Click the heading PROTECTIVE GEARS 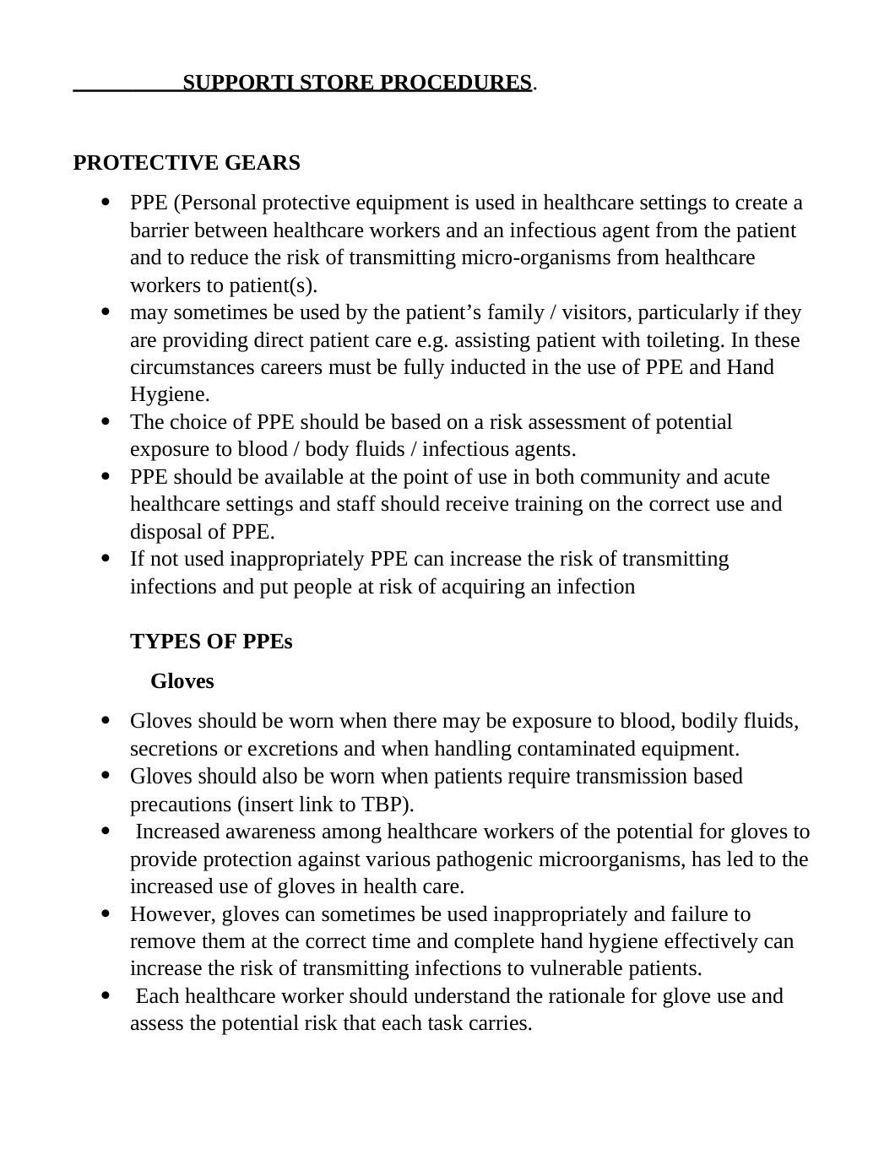pos(187,163)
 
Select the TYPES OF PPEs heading pos(211,642)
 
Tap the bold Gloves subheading pos(182,681)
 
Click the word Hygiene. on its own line pos(170,394)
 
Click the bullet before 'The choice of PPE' pos(106,421)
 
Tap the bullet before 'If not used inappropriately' pos(106,559)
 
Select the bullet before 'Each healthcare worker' pos(106,996)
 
